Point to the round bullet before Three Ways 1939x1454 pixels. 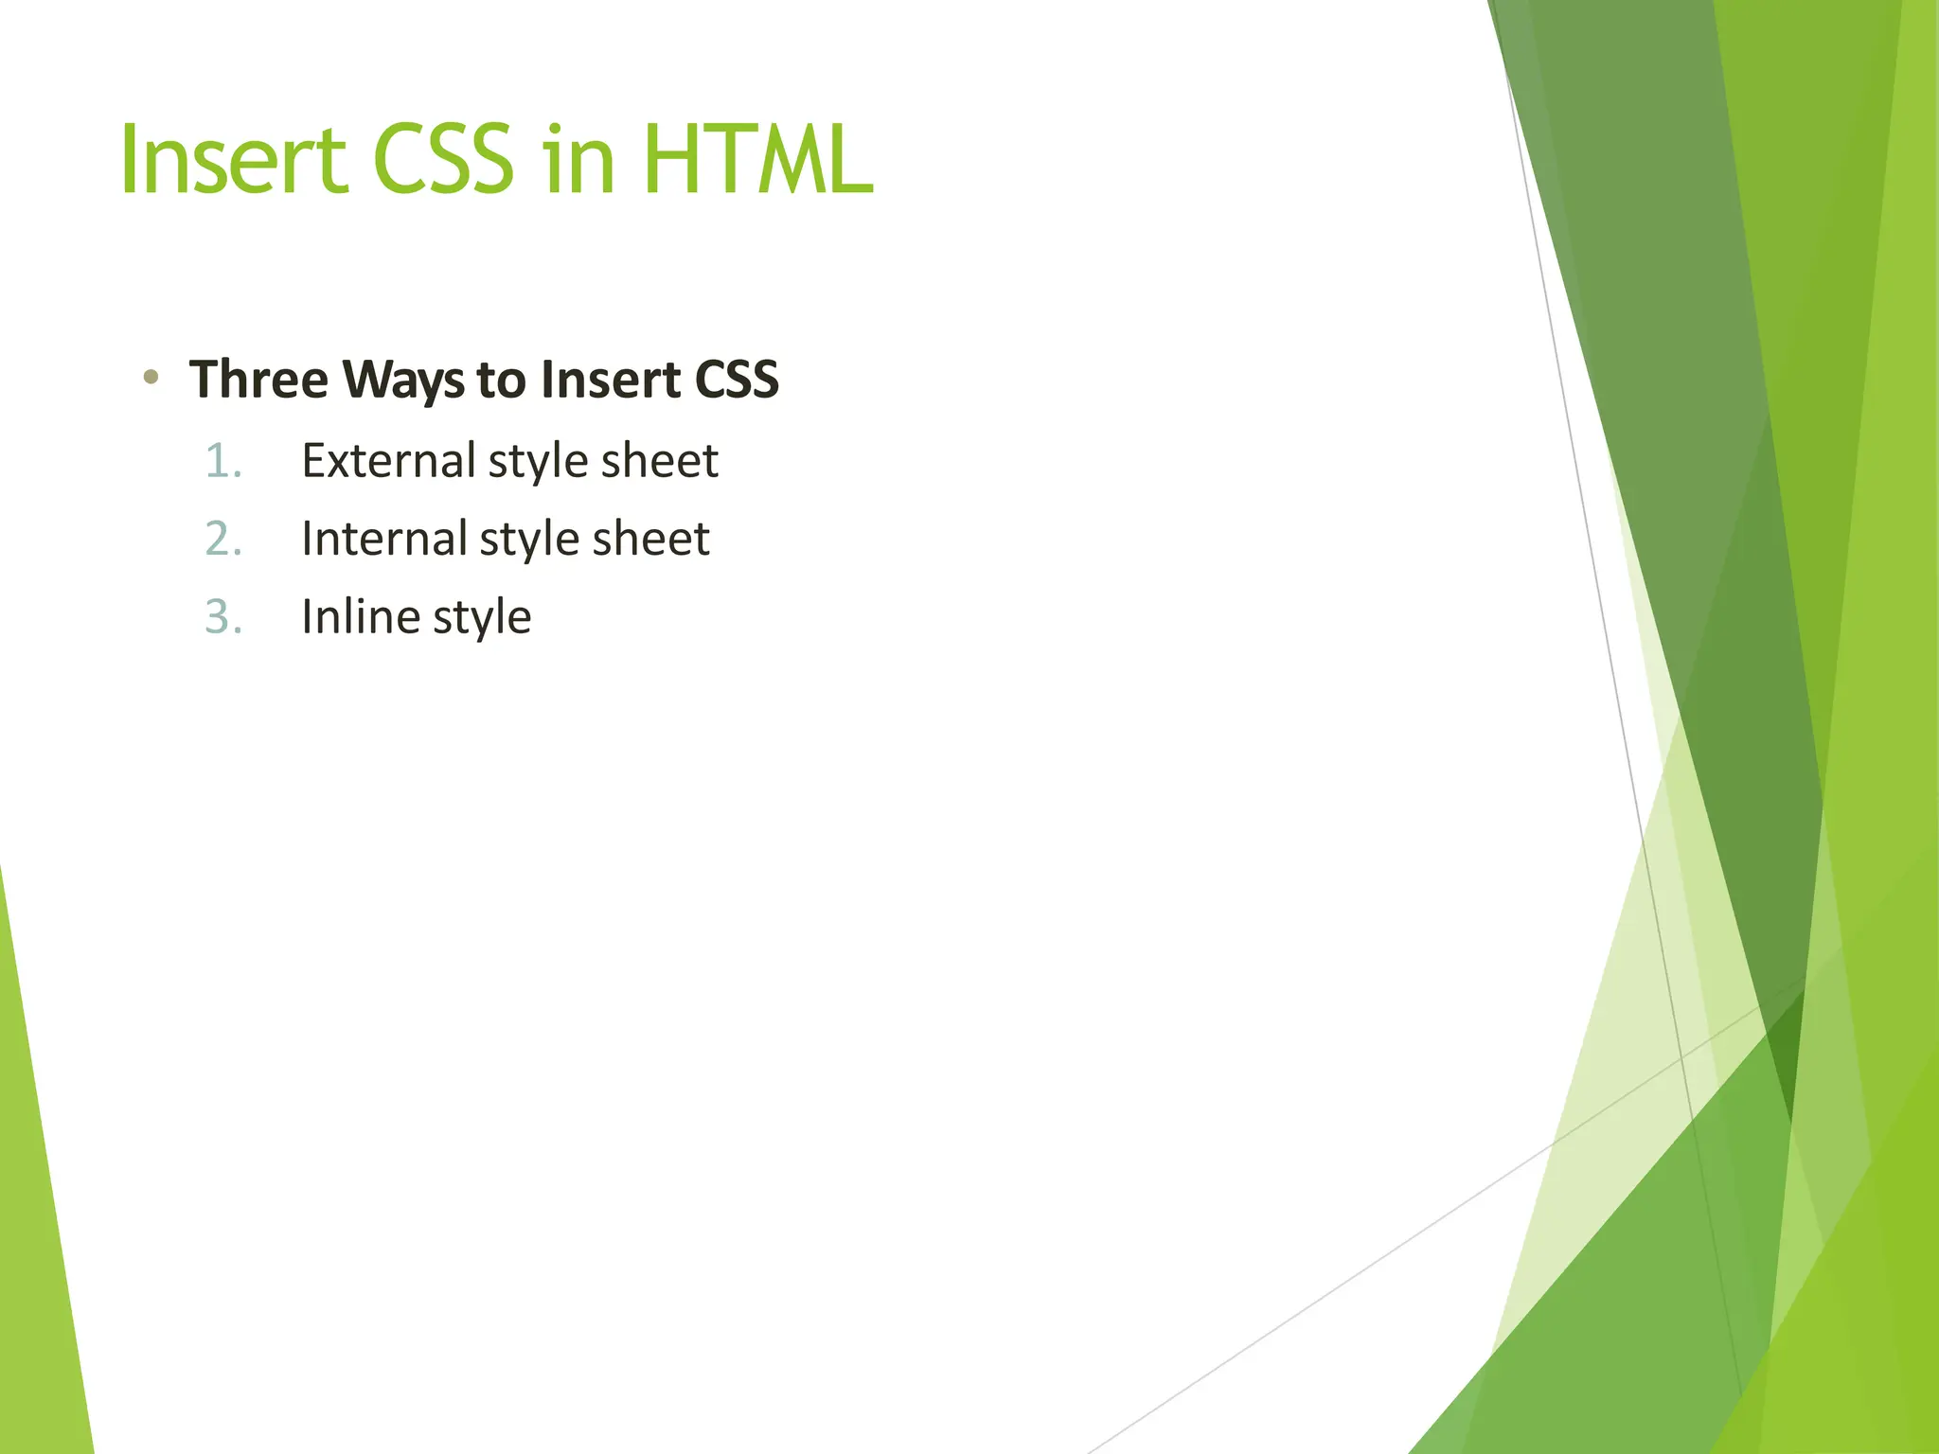click(x=150, y=378)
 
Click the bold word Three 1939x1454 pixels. click(x=258, y=380)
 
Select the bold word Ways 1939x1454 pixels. click(x=403, y=381)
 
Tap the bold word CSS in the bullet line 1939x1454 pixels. click(x=737, y=380)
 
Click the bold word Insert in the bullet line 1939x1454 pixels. click(x=611, y=380)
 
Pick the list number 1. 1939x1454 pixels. click(x=223, y=461)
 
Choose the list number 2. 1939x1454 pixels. click(x=223, y=539)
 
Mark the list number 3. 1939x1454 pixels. click(x=223, y=617)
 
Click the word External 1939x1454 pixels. click(x=388, y=461)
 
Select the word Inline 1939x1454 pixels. click(x=361, y=617)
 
